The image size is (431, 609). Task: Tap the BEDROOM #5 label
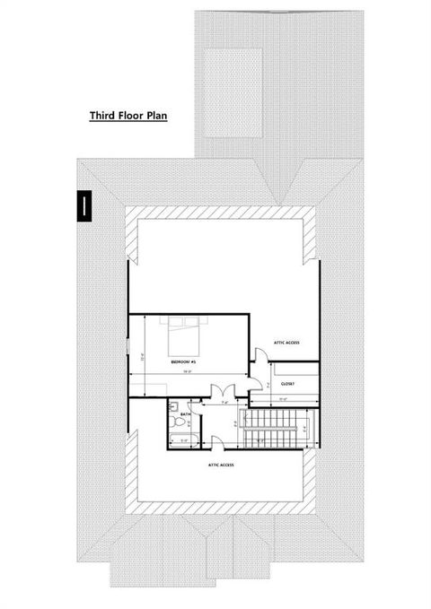click(x=183, y=361)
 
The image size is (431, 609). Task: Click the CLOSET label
click(x=287, y=383)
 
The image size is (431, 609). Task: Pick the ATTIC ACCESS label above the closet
click(x=286, y=344)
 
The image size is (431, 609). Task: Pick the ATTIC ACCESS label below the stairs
click(x=221, y=465)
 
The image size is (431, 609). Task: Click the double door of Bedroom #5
click(x=221, y=391)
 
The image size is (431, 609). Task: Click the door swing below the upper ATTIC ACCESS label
click(x=256, y=357)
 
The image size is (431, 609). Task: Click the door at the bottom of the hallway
click(x=218, y=439)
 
